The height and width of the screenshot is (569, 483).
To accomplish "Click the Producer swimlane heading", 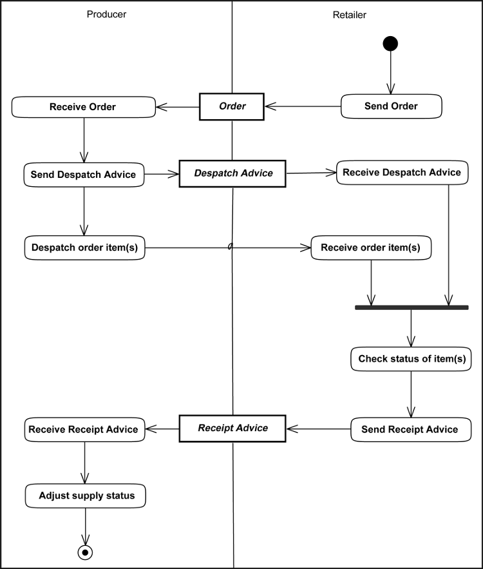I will (106, 14).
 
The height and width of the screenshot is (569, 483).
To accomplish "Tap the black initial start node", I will (390, 43).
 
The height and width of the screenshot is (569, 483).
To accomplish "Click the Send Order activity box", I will (391, 106).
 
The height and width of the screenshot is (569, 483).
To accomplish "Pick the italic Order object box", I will (232, 106).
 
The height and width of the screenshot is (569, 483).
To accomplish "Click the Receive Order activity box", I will (83, 107).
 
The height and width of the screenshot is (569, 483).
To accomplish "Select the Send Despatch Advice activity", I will (84, 174).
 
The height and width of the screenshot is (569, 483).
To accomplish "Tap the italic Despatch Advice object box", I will (233, 173).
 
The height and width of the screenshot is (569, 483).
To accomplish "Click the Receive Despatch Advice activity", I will (402, 173).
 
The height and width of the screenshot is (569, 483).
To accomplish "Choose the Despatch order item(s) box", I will (84, 247).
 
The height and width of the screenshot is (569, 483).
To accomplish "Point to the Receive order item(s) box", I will (370, 247).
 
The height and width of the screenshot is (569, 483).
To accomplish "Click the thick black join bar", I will (412, 307).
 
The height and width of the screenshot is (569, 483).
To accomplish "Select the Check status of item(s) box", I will (411, 359).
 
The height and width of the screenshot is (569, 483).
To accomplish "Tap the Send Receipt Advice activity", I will (410, 429).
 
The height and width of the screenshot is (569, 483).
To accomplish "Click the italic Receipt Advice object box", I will (232, 429).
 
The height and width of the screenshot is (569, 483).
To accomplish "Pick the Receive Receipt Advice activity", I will (84, 429).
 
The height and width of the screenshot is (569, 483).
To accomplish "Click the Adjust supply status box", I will (85, 496).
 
